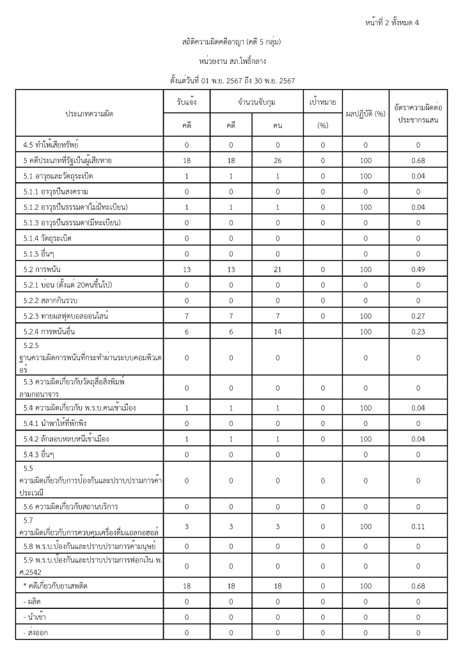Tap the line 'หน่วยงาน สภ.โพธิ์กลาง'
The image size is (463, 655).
point(231,61)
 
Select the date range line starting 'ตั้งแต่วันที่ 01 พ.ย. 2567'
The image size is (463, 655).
point(231,81)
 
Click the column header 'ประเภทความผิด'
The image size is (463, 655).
point(90,113)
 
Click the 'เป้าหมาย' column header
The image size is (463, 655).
point(322,102)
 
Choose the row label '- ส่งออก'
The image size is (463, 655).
point(37,633)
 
